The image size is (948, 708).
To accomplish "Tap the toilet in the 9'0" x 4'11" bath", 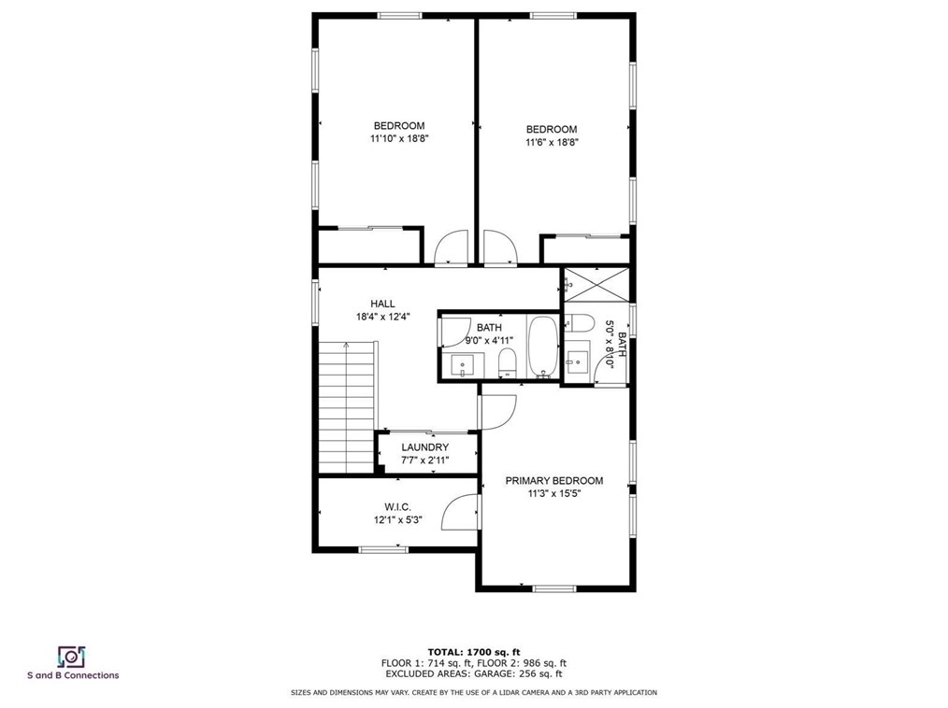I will pos(507,361).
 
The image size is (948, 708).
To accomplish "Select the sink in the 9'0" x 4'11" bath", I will pos(462,363).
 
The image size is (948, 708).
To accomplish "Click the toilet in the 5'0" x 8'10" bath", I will pos(580,325).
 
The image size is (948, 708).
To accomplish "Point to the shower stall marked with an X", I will pos(597,284).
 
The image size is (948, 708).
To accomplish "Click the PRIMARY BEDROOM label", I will pos(553,481).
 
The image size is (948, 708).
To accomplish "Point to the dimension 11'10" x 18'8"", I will pos(399,138).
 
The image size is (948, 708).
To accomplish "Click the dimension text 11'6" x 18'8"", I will pos(551,142).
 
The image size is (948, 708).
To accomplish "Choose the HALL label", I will pos(382,304).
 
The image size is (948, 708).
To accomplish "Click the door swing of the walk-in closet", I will pos(462,513).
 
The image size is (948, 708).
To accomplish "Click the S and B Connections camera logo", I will pos(72,656).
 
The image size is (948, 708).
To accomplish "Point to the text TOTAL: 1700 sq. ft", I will pos(473,651).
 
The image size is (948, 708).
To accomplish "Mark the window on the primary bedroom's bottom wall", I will pos(553,588).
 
